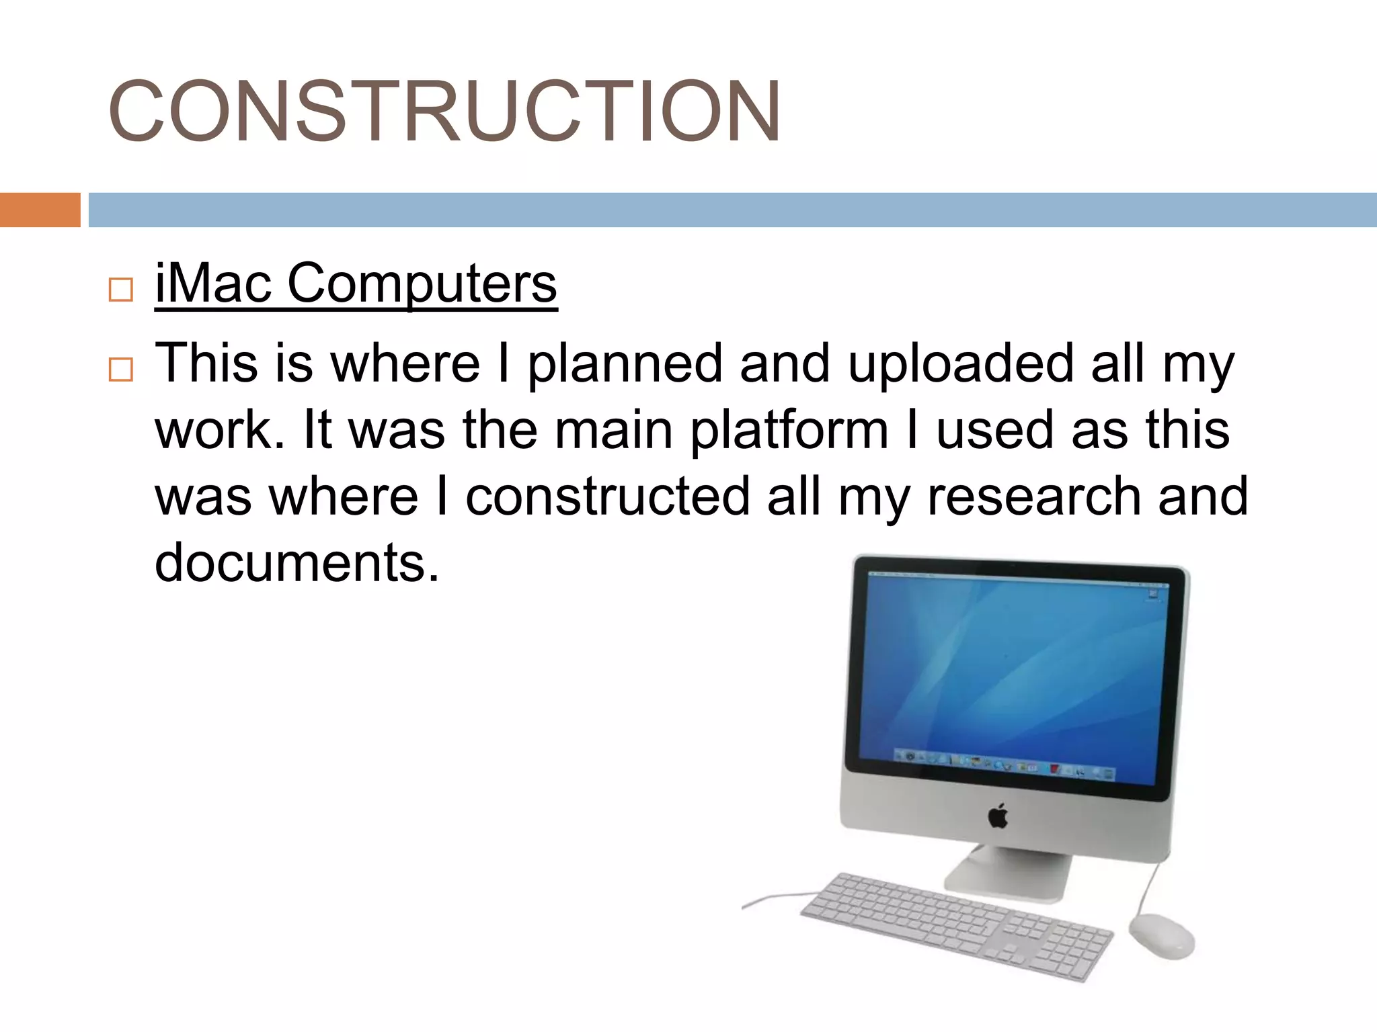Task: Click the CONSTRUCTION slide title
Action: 444,112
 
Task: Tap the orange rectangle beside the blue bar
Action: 40,210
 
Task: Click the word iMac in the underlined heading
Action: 213,283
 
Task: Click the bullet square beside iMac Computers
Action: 121,290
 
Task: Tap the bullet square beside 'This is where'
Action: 121,370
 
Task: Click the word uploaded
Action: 960,365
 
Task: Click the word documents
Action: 297,562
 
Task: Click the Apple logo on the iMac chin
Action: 998,816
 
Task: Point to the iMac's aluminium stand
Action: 1009,873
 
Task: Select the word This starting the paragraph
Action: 206,363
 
